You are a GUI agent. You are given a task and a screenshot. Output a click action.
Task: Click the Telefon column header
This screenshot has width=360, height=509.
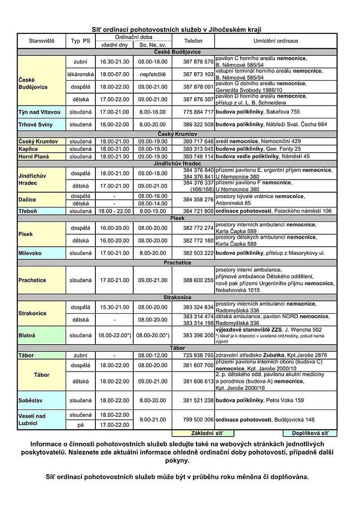pyautogui.click(x=193, y=41)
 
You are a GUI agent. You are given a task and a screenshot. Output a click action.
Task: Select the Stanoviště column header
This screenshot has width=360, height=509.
pyautogui.click(x=41, y=41)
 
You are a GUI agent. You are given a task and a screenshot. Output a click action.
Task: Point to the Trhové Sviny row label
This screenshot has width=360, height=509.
pyautogui.click(x=36, y=124)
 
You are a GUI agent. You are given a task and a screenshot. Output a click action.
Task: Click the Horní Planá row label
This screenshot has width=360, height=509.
pyautogui.click(x=34, y=157)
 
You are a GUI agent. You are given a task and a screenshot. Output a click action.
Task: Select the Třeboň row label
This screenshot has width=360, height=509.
pyautogui.click(x=27, y=211)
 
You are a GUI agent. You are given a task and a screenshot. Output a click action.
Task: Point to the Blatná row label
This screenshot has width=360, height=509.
pyautogui.click(x=27, y=335)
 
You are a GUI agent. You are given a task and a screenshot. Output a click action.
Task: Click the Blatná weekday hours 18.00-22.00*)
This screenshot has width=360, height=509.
pyautogui.click(x=114, y=335)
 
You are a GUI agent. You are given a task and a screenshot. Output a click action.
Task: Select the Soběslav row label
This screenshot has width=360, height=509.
pyautogui.click(x=31, y=400)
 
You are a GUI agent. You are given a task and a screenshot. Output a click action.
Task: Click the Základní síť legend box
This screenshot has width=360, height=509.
pyautogui.click(x=203, y=433)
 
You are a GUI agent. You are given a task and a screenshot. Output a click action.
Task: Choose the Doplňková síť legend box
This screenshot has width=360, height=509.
pyautogui.click(x=310, y=433)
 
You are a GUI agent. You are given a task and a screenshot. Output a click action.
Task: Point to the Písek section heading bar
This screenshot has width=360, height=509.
pyautogui.click(x=177, y=218)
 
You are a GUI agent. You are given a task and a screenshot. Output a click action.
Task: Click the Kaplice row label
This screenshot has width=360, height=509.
pyautogui.click(x=28, y=149)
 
